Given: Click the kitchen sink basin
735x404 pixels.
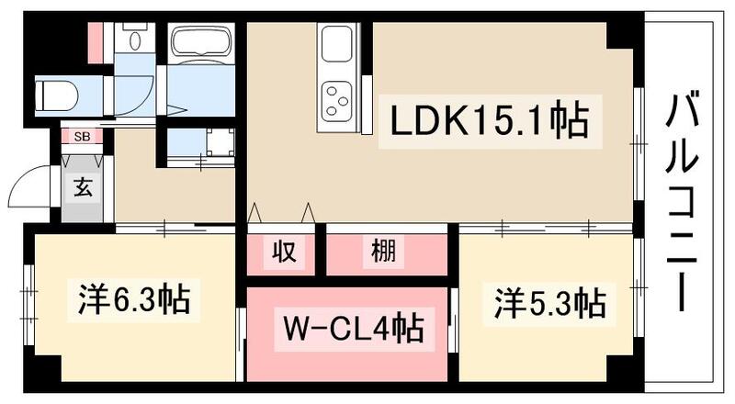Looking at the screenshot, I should click(334, 43).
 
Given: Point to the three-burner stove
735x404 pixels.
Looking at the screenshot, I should click(335, 96).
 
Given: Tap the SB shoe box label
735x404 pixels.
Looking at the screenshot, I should click(82, 138).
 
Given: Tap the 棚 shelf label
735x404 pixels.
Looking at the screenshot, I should click(384, 251).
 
